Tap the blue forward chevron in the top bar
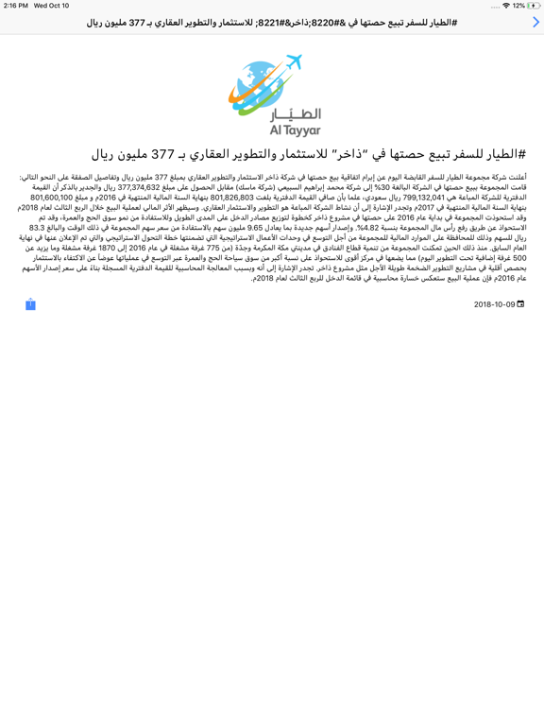click(535, 22)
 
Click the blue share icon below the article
click(30, 303)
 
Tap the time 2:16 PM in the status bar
click(16, 6)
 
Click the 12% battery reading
click(518, 6)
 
